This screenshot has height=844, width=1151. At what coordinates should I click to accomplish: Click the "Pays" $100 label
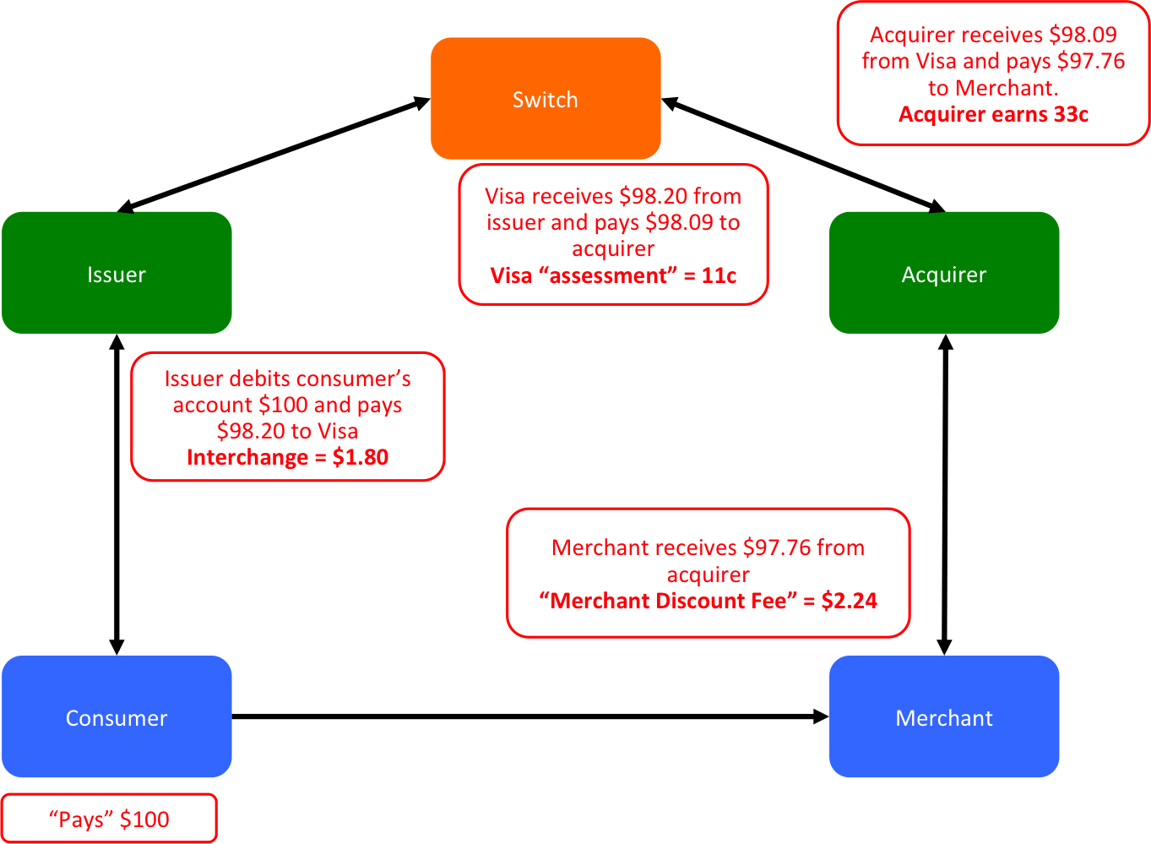(x=109, y=819)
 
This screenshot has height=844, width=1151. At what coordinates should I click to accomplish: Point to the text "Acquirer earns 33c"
(x=993, y=115)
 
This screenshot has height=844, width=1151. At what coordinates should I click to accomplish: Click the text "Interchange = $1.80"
(x=288, y=458)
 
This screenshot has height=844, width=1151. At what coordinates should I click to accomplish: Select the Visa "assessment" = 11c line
(x=613, y=276)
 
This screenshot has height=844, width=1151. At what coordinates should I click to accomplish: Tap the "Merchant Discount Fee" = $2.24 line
(x=708, y=602)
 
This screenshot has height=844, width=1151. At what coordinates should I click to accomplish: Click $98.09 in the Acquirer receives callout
(x=1083, y=35)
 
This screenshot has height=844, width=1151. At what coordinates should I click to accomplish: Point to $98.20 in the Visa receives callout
(x=654, y=197)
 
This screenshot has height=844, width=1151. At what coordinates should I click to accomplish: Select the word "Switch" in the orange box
(x=546, y=100)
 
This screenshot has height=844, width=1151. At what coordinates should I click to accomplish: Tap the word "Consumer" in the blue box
(x=117, y=718)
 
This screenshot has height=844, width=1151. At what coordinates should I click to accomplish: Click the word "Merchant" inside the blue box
(x=944, y=718)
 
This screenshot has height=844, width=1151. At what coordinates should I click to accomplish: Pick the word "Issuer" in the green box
(x=117, y=275)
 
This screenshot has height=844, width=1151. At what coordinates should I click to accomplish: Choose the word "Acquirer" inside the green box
(x=944, y=275)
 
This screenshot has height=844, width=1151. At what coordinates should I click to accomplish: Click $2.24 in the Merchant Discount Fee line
(x=849, y=602)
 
